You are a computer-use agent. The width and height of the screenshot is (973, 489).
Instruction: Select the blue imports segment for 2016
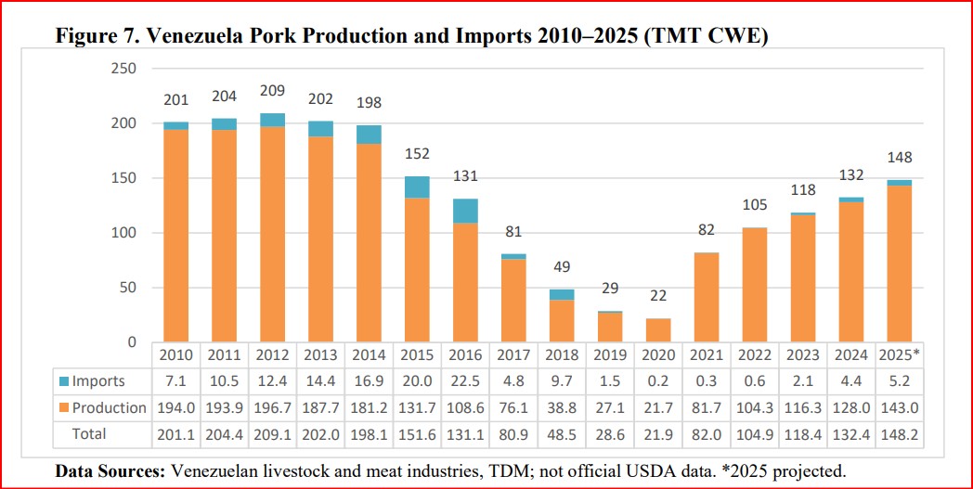465,211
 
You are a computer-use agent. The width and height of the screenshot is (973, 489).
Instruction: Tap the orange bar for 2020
659,331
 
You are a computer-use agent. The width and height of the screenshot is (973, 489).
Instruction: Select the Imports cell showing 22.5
465,381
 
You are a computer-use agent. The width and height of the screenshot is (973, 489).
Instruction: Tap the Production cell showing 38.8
562,407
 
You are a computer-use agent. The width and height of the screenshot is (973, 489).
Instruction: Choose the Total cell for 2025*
900,433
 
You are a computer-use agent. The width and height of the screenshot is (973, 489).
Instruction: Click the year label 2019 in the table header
610,355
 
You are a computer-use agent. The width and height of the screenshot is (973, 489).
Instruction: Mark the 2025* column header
900,355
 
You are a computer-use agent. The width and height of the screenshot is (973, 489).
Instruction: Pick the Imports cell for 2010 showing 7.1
175,381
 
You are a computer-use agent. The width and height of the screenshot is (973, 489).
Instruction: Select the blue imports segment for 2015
417,186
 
